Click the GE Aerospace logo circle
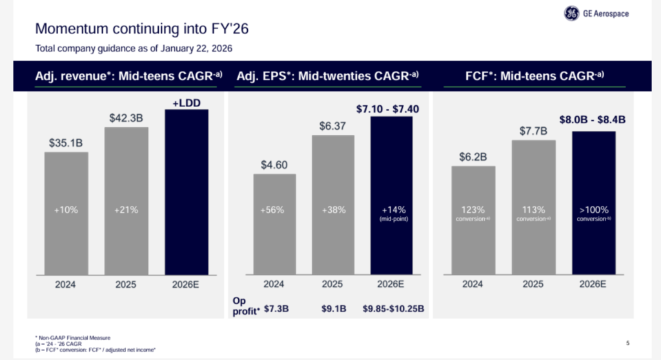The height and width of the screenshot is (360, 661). [x=572, y=14]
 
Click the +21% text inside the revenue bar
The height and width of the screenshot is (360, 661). [x=126, y=210]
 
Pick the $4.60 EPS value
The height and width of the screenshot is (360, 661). [x=274, y=165]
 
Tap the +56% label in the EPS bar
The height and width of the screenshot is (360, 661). [x=274, y=210]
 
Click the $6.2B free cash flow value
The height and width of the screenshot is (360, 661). [x=473, y=156]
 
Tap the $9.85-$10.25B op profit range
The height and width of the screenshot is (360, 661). [x=392, y=308]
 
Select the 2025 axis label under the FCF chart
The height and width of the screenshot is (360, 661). [x=533, y=284]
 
